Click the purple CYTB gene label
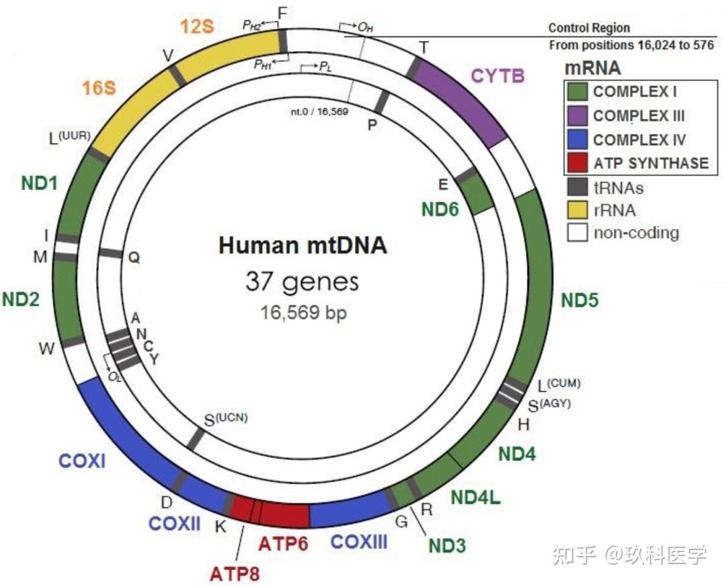[x=497, y=75]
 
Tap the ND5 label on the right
[x=579, y=301]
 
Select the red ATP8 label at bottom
[x=234, y=574]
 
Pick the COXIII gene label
[x=359, y=541]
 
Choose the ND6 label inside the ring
[x=440, y=209]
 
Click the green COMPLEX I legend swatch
[x=577, y=91]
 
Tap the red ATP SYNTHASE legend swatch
[x=577, y=162]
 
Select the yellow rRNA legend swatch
[x=577, y=209]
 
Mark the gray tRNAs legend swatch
[x=577, y=186]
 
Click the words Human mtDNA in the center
[x=302, y=245]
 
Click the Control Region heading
[x=589, y=28]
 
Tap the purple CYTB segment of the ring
[x=464, y=101]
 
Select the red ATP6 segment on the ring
[x=284, y=514]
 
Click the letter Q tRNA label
[x=134, y=258]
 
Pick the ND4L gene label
[x=476, y=498]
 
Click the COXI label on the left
[x=82, y=461]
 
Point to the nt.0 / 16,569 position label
[x=319, y=112]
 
